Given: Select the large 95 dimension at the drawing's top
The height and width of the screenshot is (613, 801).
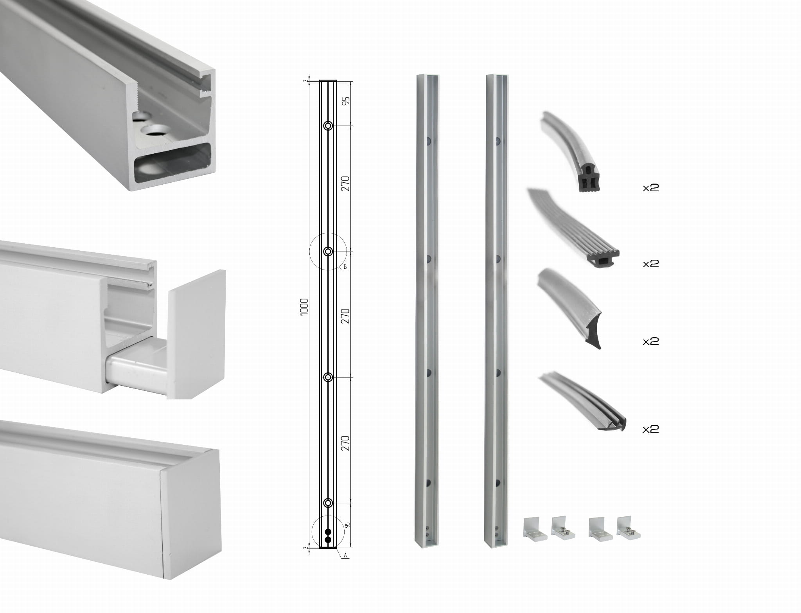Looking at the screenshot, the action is tap(346, 101).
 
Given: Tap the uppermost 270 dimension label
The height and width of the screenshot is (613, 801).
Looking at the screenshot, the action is tap(345, 183).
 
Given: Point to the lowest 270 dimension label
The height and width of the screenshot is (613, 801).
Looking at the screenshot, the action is tap(345, 443).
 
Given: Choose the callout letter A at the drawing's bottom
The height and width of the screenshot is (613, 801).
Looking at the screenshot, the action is tap(345, 555).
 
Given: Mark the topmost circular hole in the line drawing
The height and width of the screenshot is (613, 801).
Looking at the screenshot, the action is tap(328, 126).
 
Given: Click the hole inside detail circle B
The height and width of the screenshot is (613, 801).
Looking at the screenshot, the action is tap(328, 251).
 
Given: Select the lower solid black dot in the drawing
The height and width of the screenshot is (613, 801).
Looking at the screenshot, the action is tap(328, 540).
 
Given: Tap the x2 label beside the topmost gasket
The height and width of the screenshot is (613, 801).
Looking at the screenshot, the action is tap(651, 188).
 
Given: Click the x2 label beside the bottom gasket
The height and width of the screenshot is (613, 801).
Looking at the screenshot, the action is tap(651, 429).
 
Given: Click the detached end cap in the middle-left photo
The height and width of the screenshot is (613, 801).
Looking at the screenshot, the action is tap(197, 334).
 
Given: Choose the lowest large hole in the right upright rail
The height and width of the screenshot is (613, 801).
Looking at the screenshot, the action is tap(499, 482).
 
